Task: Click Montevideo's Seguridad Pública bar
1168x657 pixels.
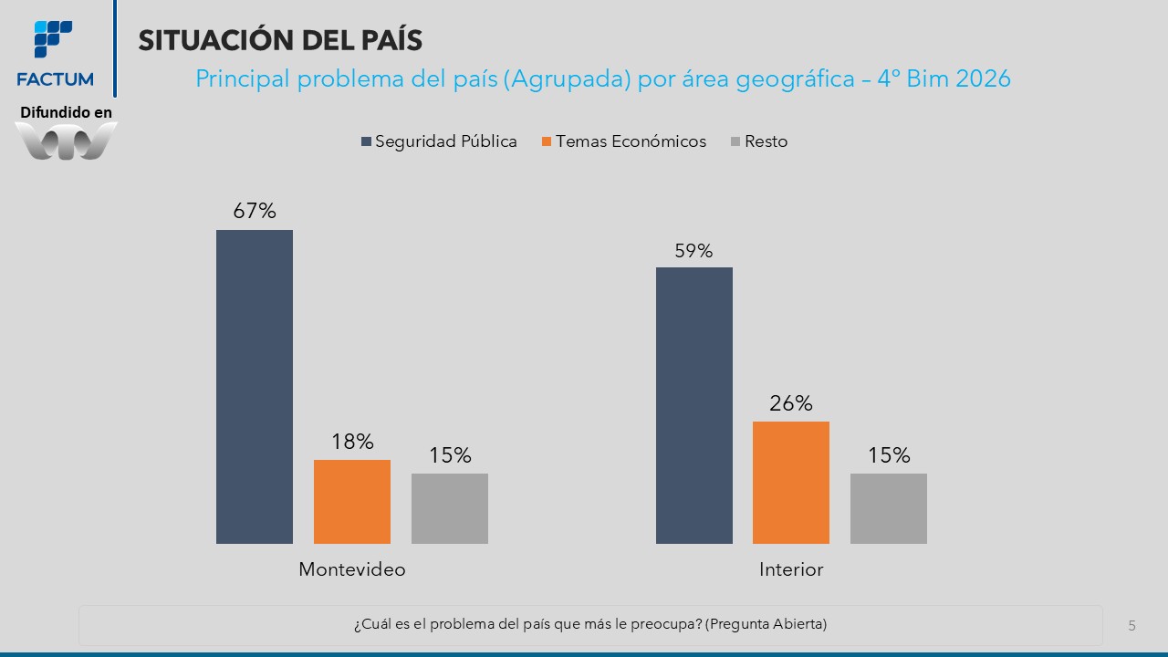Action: (x=255, y=387)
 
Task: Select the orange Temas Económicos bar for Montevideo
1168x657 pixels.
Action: (x=352, y=502)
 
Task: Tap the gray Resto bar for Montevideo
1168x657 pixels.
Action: (x=450, y=508)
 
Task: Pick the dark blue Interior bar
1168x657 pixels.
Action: (x=694, y=406)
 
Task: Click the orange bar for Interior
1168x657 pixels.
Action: (x=791, y=483)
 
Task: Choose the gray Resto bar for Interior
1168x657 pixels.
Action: (x=889, y=508)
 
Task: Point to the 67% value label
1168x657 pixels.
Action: (x=255, y=211)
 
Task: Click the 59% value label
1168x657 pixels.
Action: (x=693, y=251)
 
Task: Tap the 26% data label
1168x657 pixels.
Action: (x=791, y=403)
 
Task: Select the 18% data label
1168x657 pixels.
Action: (x=352, y=442)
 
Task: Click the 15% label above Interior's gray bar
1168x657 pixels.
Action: (x=889, y=455)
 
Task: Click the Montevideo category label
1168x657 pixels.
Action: (x=352, y=569)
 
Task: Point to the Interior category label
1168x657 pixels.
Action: (x=791, y=569)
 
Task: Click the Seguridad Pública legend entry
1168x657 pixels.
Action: (x=439, y=141)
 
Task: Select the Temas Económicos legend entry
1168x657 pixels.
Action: (x=624, y=141)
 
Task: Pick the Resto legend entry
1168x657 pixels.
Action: (x=759, y=141)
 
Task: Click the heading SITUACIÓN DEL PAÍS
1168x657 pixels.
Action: (x=280, y=39)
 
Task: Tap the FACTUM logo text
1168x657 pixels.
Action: (x=55, y=79)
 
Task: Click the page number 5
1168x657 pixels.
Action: (x=1131, y=626)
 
